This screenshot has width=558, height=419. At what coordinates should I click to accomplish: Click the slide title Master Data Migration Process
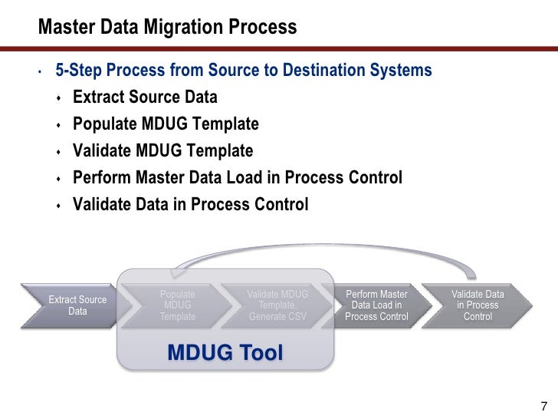coord(167,28)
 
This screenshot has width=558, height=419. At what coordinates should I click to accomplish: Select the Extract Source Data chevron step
coord(77,305)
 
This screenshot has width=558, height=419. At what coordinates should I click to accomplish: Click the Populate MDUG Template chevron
coord(178,305)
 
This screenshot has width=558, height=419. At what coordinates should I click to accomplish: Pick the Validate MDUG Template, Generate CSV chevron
coord(277,305)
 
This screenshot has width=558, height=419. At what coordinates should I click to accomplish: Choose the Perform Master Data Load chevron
coord(376,305)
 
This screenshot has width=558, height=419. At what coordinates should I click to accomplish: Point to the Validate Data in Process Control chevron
coord(478,305)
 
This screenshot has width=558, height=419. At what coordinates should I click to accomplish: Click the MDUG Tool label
coord(225,352)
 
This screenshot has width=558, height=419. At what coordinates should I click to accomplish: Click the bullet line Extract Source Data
coord(145,97)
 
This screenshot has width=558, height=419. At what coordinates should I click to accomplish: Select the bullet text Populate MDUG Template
coord(166,124)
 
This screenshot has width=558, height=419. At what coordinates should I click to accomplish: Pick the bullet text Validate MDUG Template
coord(162,151)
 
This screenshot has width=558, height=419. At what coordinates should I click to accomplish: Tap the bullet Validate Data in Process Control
coord(190,205)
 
